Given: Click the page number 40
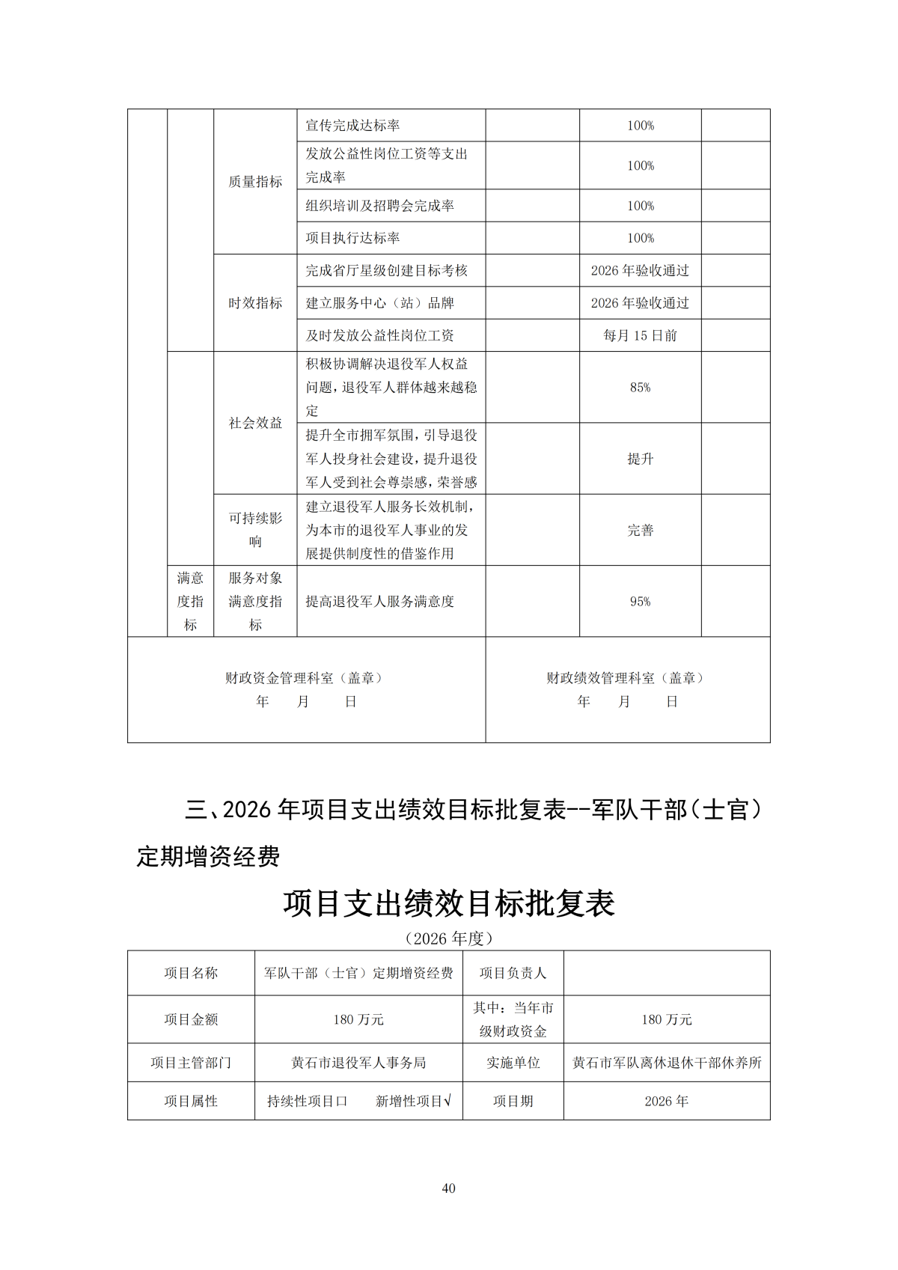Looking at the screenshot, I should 448,1188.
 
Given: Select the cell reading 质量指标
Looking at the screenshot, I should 255,182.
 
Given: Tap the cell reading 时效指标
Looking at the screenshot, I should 255,303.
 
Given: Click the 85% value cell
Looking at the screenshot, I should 640,388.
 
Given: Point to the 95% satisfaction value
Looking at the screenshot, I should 640,602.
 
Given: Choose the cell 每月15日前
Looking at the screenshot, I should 640,336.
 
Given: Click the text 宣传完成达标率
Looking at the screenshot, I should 352,126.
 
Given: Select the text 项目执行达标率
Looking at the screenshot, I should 352,238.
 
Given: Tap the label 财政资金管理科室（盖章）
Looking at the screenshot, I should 306,678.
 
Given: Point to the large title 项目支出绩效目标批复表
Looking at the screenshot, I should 449,903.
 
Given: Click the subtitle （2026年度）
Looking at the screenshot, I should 448,938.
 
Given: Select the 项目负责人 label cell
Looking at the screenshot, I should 513,973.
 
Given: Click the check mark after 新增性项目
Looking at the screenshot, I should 448,1101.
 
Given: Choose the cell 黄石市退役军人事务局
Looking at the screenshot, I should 358,1063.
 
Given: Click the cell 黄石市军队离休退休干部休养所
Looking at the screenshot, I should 667,1063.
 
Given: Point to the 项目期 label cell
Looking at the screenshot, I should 513,1102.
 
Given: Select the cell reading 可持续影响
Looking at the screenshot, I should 255,530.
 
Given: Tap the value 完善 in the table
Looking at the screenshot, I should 640,531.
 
